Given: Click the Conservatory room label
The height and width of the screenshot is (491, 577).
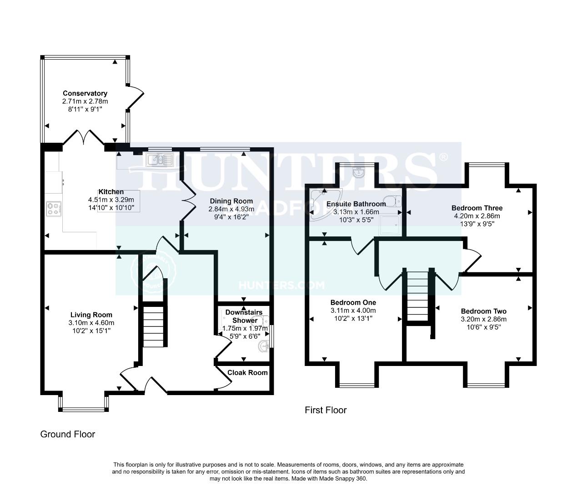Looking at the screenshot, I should pyautogui.click(x=85, y=94).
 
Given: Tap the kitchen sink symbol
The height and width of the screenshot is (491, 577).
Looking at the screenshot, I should pyautogui.click(x=159, y=160).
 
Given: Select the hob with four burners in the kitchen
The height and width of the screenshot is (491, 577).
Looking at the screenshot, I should pyautogui.click(x=53, y=208).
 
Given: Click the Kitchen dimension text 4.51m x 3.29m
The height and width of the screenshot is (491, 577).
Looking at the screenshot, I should pyautogui.click(x=108, y=200).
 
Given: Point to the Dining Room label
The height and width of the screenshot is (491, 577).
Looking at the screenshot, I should pyautogui.click(x=231, y=201).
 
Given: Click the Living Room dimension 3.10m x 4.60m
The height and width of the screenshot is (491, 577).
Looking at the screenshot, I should pyautogui.click(x=91, y=323).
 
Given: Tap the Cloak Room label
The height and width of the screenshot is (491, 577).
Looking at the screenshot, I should pyautogui.click(x=247, y=372).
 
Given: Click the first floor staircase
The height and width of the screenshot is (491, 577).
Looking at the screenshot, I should pyautogui.click(x=417, y=296).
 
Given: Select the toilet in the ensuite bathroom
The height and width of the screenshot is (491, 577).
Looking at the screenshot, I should pyautogui.click(x=392, y=200).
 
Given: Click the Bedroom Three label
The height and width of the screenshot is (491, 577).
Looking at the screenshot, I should pyautogui.click(x=477, y=208).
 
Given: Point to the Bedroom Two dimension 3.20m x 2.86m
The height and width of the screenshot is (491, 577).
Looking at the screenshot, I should pyautogui.click(x=483, y=319).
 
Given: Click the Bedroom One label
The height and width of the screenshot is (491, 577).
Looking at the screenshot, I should pyautogui.click(x=353, y=302).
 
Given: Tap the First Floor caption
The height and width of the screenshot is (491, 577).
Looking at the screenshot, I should pyautogui.click(x=326, y=411).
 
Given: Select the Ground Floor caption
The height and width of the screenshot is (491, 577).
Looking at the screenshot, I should pyautogui.click(x=68, y=434).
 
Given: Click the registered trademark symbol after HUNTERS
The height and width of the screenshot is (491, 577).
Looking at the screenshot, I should pyautogui.click(x=443, y=157).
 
